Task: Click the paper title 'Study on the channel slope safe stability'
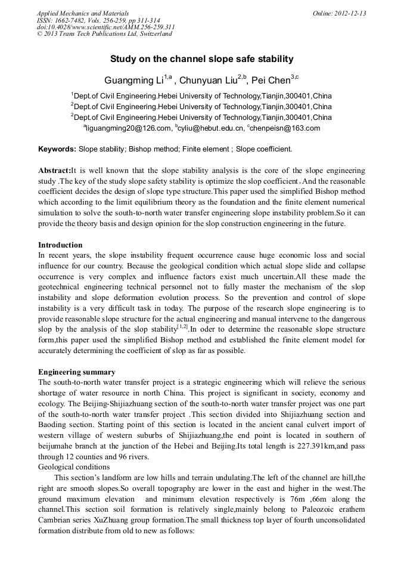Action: click(201, 59)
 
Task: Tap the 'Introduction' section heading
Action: click(60, 245)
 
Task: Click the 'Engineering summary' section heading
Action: click(76, 372)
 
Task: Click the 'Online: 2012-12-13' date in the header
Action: click(339, 14)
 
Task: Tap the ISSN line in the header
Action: click(95, 20)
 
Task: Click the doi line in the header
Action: click(105, 27)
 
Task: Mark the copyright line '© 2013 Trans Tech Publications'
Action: click(104, 34)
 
